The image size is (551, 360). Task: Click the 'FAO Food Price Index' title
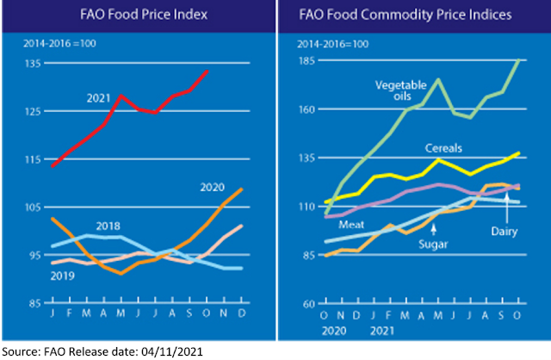pyautogui.click(x=137, y=15)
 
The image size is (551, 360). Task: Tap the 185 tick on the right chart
pyautogui.click(x=306, y=61)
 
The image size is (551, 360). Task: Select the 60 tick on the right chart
pyautogui.click(x=309, y=303)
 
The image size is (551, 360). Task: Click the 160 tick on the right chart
pyautogui.click(x=306, y=109)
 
